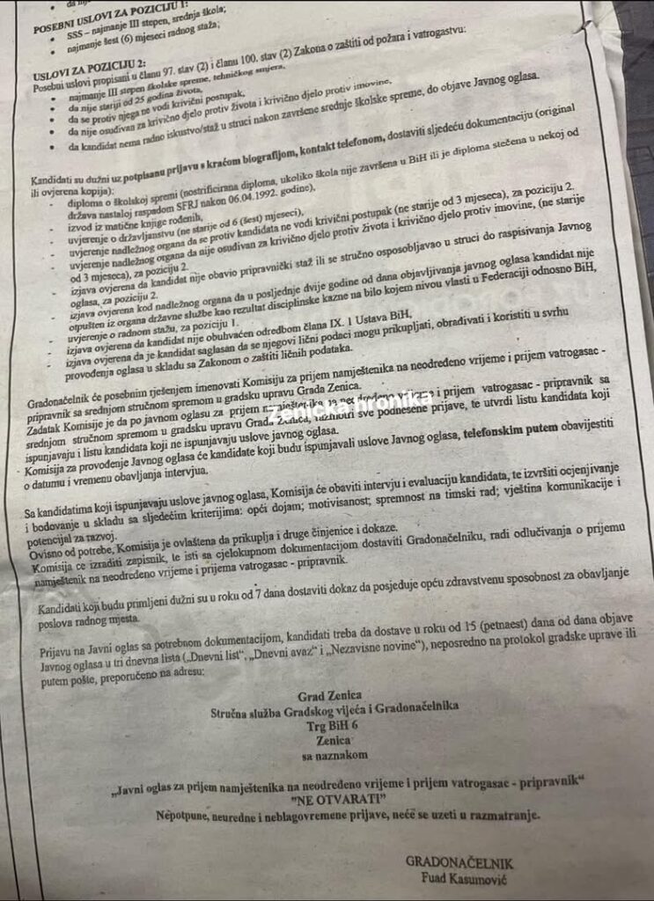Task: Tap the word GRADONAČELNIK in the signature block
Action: click(459, 862)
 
